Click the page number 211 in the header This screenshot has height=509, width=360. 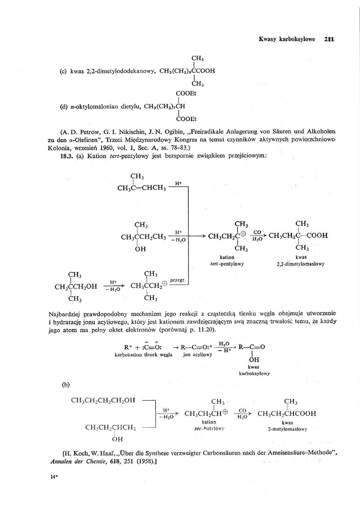[x=331, y=39]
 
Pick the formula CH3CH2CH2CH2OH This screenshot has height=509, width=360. [x=103, y=400]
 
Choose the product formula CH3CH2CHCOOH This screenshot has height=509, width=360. [x=287, y=413]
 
